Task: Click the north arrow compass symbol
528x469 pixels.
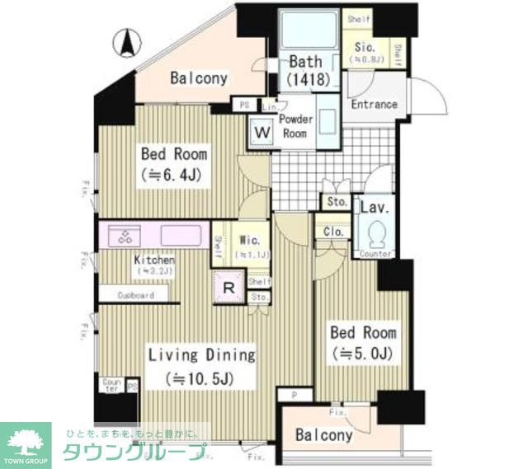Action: [126, 42]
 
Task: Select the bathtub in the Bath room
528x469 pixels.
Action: [308, 32]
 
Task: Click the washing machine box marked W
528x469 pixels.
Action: [262, 131]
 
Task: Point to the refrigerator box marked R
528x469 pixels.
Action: [229, 286]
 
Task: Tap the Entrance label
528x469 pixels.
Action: [374, 105]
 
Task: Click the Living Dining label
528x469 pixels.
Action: [201, 366]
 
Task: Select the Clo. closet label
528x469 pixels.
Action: [334, 232]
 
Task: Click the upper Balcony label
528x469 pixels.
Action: [199, 79]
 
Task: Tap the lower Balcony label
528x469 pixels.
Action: [325, 435]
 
